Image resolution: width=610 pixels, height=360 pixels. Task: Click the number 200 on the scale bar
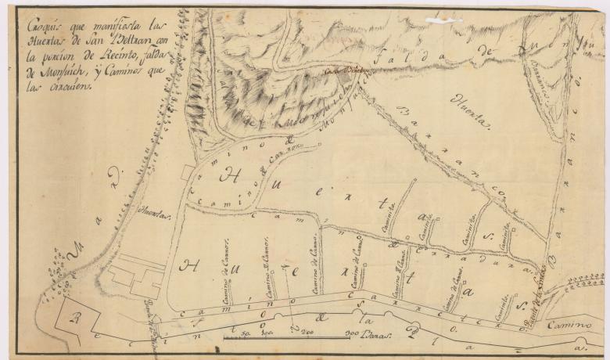coord(306,334)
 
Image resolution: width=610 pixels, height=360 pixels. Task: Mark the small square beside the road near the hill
coord(186,171)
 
